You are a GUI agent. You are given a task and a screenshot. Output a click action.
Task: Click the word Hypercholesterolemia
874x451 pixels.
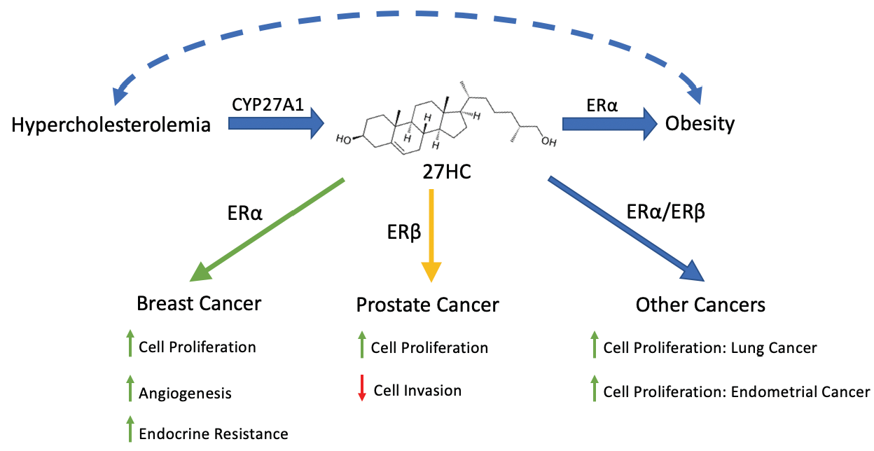(111, 125)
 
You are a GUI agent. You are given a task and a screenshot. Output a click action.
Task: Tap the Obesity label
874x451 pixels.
(700, 124)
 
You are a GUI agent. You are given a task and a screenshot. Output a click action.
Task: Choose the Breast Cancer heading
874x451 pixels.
(199, 303)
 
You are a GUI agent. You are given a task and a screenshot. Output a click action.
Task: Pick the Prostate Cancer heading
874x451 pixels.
(427, 305)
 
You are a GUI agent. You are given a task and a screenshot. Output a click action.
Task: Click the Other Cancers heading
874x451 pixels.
(700, 305)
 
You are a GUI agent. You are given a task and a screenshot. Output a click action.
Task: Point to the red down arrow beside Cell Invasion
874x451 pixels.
(362, 388)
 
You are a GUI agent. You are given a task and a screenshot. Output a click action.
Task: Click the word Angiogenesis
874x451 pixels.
(185, 393)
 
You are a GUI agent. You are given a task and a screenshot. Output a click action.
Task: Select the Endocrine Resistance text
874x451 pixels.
(213, 433)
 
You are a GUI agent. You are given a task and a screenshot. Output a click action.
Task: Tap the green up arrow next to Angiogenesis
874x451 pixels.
(129, 389)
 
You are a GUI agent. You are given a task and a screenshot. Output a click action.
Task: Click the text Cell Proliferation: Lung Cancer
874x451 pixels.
(709, 347)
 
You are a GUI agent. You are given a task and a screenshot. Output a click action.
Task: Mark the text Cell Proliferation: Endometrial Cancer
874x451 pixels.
(736, 391)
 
